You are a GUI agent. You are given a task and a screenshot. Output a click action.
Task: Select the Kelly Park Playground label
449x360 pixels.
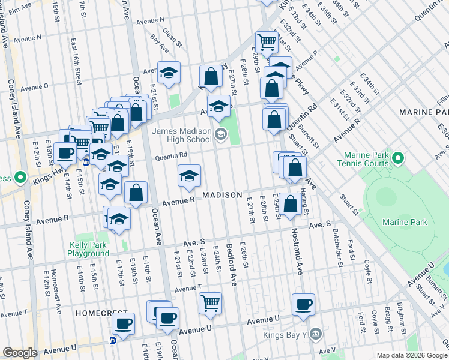click(88, 249)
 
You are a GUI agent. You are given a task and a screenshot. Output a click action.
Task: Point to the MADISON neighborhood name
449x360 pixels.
click(222, 196)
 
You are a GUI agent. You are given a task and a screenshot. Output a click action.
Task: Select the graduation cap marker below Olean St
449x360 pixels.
click(169, 72)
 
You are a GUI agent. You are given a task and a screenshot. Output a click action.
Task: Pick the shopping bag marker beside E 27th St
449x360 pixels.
click(211, 76)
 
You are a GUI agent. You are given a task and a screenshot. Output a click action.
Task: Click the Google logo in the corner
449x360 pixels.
click(19, 353)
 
